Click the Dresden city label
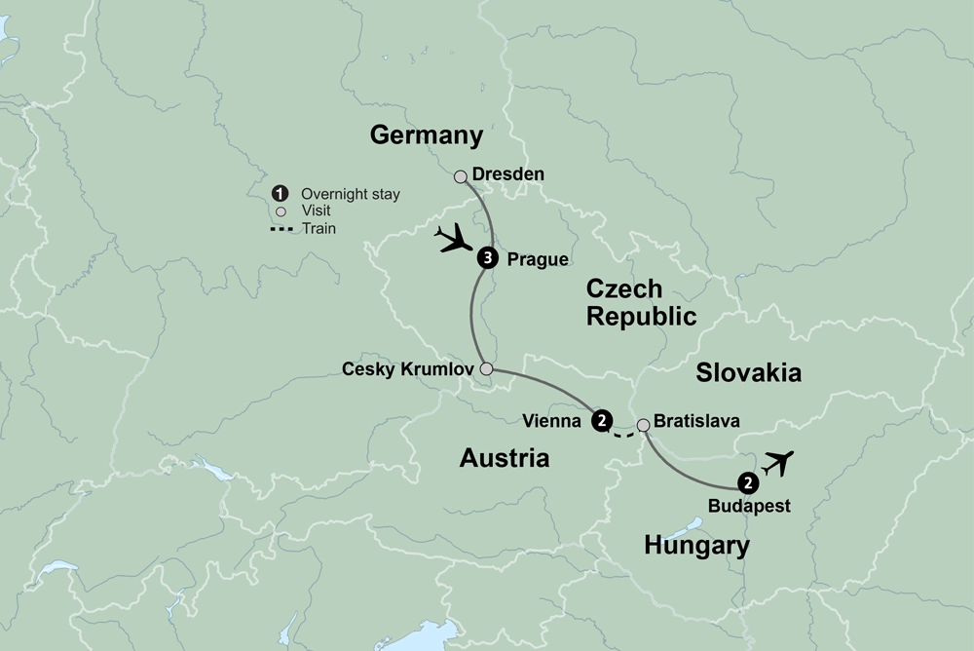tap(507, 174)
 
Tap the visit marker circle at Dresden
tap(461, 176)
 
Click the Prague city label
tap(538, 260)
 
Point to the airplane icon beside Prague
tap(453, 238)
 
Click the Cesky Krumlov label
tap(407, 369)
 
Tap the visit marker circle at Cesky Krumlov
tap(486, 369)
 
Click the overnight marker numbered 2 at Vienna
tap(602, 421)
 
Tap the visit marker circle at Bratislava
tap(643, 425)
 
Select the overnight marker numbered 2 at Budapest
tap(747, 481)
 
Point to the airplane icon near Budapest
tap(780, 462)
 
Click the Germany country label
tap(427, 135)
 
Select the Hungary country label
tap(697, 546)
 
